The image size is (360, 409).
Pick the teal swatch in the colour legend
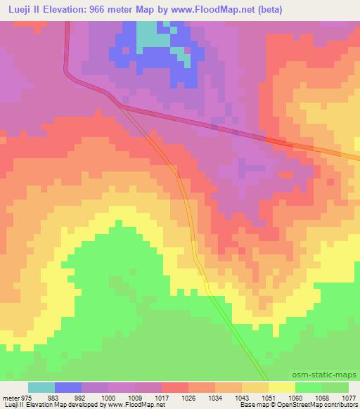click(41, 387)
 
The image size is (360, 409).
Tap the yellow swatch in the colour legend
click(282, 387)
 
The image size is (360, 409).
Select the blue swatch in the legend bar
click(68, 387)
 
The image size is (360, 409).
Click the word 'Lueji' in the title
click(18, 9)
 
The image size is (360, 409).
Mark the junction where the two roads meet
click(122, 106)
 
